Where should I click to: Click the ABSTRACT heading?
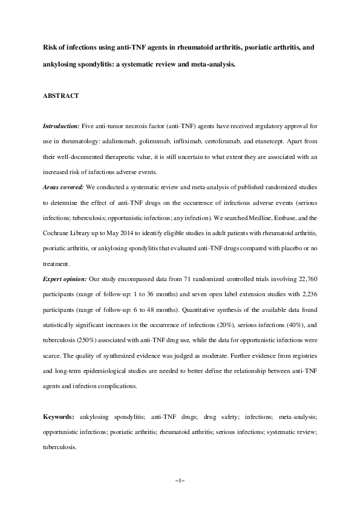(x=59, y=96)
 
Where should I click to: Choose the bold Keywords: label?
(x=59, y=417)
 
